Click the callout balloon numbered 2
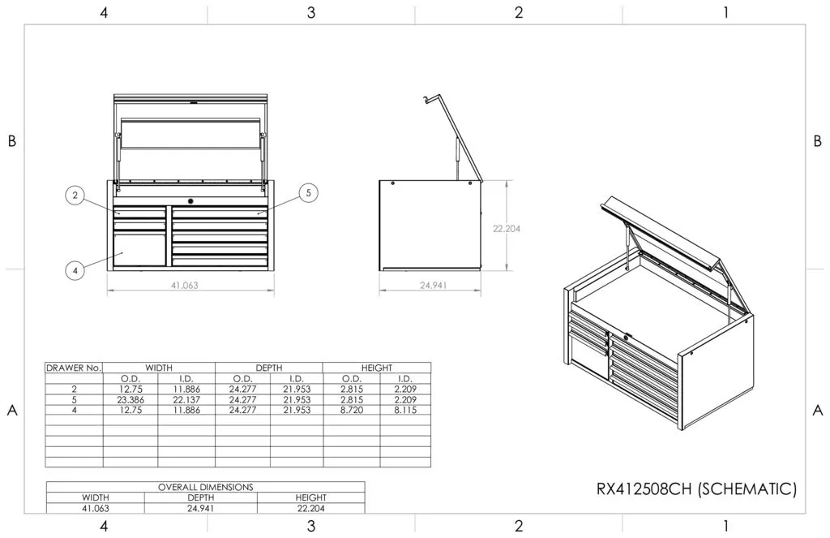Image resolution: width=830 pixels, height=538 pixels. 75,195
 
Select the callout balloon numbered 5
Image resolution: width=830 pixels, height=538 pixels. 307,192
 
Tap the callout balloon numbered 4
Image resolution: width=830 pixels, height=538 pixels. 75,271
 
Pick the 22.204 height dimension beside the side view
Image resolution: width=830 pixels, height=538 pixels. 507,229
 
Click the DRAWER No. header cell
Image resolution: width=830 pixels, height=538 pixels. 74,368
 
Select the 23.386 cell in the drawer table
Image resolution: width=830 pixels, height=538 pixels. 130,399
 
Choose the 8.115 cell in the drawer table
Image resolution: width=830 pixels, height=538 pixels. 404,410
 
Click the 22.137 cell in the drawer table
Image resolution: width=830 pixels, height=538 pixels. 186,399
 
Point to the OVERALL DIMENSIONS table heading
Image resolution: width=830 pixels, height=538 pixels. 205,487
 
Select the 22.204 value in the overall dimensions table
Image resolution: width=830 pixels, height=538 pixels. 310,508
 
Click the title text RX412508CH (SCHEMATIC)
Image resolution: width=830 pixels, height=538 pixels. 696,489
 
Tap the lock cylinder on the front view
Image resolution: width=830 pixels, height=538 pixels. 190,200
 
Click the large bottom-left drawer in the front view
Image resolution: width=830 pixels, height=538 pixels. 139,250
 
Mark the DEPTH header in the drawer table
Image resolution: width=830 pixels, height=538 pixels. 268,368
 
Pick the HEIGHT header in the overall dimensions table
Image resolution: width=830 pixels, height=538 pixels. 310,497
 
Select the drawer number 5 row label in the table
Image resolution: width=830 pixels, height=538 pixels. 74,399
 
